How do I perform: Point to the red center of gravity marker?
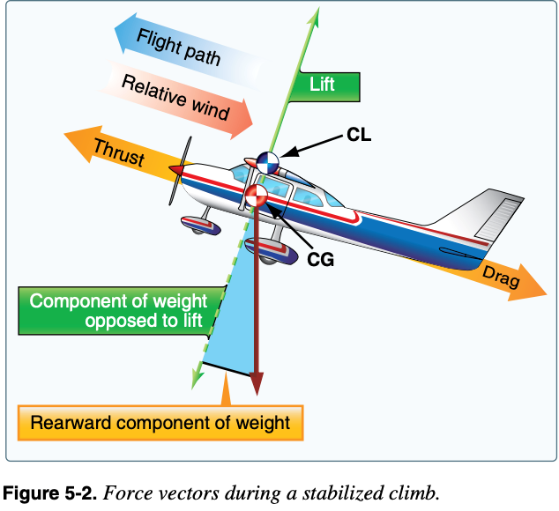click(256, 196)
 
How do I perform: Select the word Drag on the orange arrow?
click(500, 278)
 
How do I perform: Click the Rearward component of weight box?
click(160, 423)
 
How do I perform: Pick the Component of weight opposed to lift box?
click(116, 310)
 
